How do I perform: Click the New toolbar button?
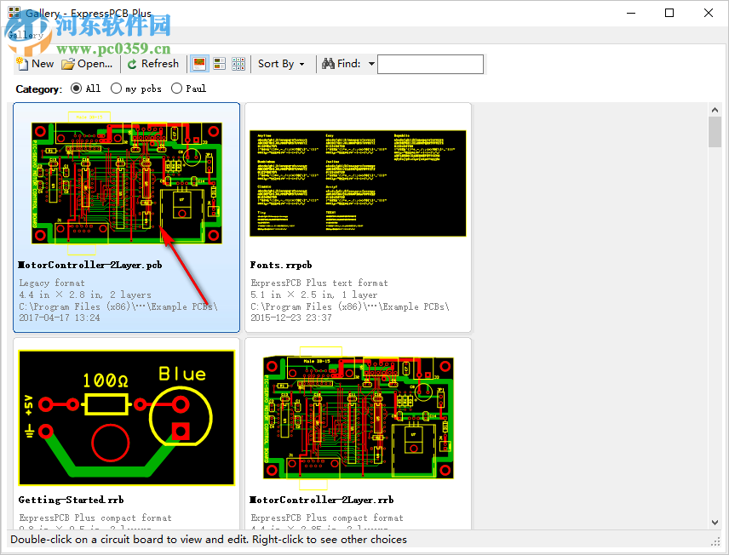(35, 64)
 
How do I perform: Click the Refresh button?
(153, 64)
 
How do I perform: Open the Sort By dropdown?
(281, 64)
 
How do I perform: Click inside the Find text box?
(430, 64)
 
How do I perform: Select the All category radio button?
(77, 89)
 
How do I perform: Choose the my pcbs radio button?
(116, 89)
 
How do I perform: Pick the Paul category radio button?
(177, 89)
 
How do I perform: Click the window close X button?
(709, 13)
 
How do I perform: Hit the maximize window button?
(669, 13)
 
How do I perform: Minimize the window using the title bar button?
(631, 13)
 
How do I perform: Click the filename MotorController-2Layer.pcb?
(90, 266)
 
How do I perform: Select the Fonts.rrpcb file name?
(281, 266)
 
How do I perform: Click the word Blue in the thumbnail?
(182, 374)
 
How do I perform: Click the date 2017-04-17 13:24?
(60, 318)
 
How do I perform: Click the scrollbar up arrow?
(715, 110)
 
